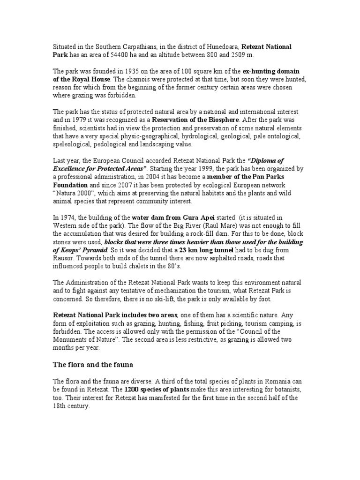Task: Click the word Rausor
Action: coord(64,258)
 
